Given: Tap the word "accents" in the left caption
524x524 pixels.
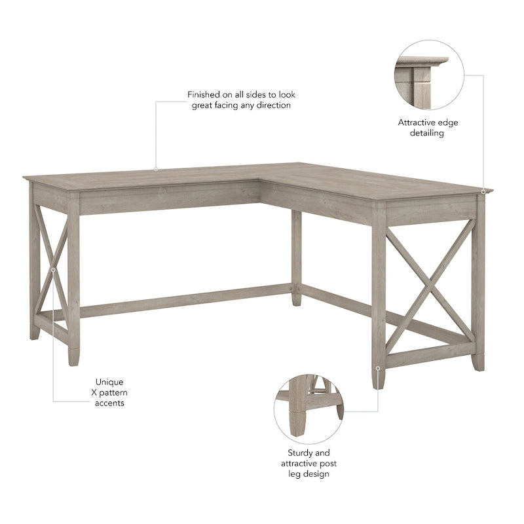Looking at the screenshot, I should [x=109, y=403].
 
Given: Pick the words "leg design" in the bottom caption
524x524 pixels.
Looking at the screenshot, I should [x=309, y=474].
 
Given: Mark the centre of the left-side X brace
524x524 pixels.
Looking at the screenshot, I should [x=52, y=269].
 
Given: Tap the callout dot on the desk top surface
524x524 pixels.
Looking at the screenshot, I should [x=156, y=170].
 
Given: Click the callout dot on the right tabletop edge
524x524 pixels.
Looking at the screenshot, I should [x=483, y=191].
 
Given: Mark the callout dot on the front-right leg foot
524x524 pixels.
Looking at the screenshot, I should [x=378, y=368].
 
